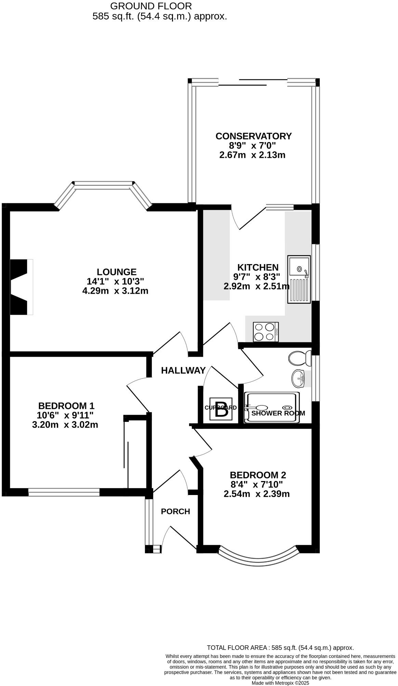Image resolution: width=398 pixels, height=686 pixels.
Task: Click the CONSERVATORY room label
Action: coord(253,136)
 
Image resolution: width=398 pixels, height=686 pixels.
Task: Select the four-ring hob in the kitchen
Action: coord(266,332)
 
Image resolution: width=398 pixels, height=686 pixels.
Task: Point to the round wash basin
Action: coord(298,379)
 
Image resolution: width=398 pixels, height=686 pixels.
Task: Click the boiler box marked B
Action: coord(221,409)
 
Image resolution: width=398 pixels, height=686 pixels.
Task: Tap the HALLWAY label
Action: coord(183,370)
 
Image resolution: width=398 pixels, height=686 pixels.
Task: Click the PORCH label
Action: coord(175,511)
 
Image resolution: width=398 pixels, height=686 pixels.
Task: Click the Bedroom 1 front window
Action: coord(64,492)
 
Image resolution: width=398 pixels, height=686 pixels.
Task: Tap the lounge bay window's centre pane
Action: coord(103,185)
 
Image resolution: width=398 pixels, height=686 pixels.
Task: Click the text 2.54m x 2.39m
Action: coord(256,494)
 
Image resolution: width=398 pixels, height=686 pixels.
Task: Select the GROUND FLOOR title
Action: coord(151,6)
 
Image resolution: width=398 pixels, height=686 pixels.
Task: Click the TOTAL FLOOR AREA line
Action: coord(280,647)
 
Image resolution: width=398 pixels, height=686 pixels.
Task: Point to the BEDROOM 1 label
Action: coord(66,406)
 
